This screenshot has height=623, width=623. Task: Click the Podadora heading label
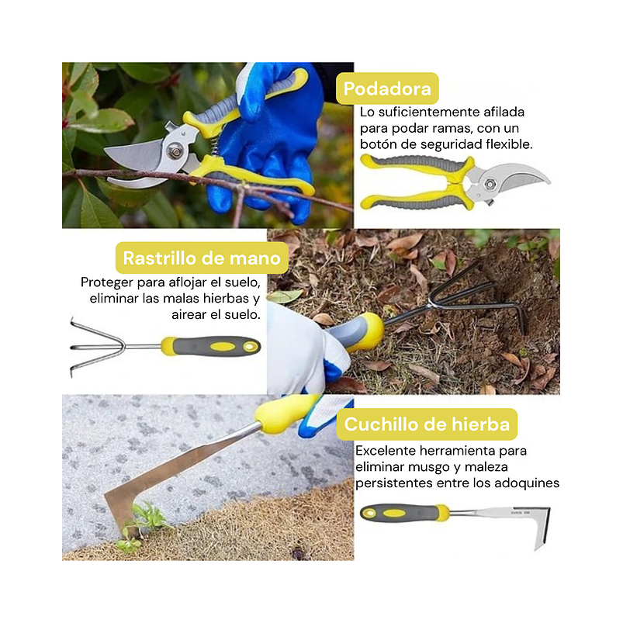point(387,88)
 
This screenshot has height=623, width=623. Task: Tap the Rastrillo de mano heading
point(201,258)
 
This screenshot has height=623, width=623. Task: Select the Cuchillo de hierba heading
point(427,424)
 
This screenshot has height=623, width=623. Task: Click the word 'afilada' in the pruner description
point(503,112)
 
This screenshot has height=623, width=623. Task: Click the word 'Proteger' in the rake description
point(106,282)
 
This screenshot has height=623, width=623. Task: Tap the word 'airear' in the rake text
point(191,314)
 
